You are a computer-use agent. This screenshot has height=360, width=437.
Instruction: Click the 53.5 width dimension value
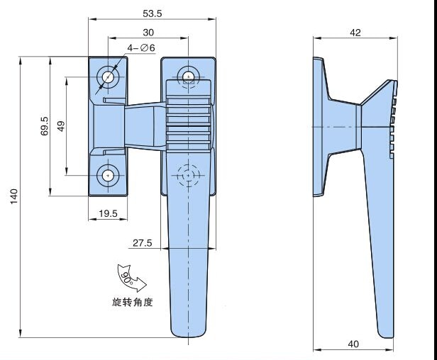[x=152, y=13]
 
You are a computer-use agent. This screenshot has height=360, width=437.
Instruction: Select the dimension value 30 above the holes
[x=148, y=33]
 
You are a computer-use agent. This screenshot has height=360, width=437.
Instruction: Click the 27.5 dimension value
[x=142, y=243]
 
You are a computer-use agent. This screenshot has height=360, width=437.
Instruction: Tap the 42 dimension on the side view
[x=356, y=33]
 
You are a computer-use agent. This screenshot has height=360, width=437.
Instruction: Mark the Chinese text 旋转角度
[x=132, y=302]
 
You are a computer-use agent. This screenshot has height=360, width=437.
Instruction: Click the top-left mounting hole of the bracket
[x=109, y=77]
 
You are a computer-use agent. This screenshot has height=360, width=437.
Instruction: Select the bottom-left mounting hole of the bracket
[x=109, y=175]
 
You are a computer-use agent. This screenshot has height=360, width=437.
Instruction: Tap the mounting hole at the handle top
[x=188, y=75]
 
